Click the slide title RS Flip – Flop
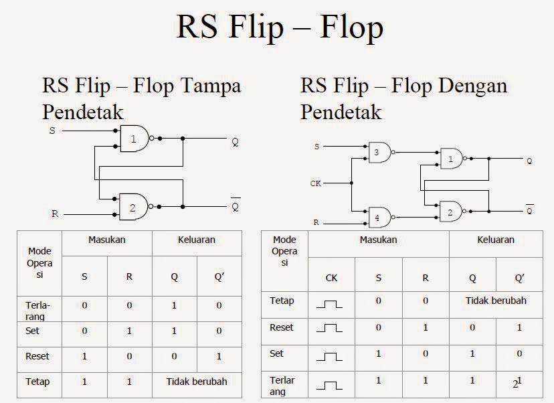point(280,27)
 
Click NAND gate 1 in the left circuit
point(134,139)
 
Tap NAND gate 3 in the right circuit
point(378,153)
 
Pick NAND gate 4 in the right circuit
point(378,217)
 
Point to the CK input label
point(316,183)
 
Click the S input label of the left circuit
point(52,131)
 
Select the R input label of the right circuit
point(316,222)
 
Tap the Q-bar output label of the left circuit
point(235,206)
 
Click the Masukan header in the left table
point(107,240)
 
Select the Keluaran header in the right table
point(496,240)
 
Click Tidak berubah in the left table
point(197,382)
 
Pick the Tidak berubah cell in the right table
point(496,301)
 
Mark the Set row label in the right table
point(276,353)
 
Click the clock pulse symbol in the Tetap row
point(329,303)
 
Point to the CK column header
point(331,276)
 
